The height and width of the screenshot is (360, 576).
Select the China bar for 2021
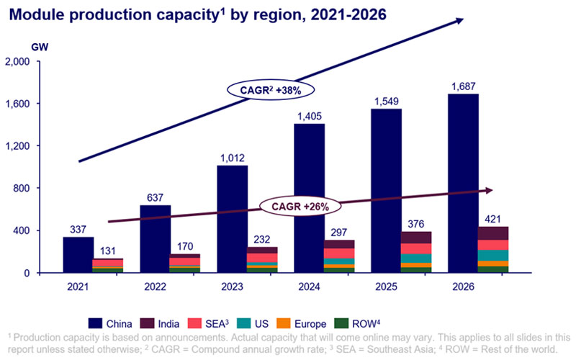78,255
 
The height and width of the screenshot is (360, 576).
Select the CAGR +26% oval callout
300,206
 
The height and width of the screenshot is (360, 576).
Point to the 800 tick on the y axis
40,189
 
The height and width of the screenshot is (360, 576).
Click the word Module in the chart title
36,14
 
